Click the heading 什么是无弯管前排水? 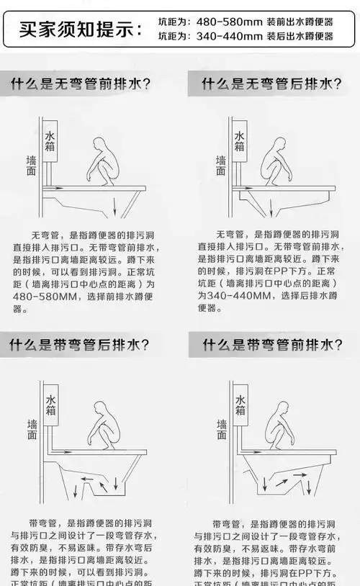click(81, 84)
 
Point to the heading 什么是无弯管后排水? click(271, 84)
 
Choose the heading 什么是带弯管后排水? click(81, 345)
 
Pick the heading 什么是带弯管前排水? click(271, 345)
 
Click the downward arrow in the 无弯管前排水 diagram click(114, 207)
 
